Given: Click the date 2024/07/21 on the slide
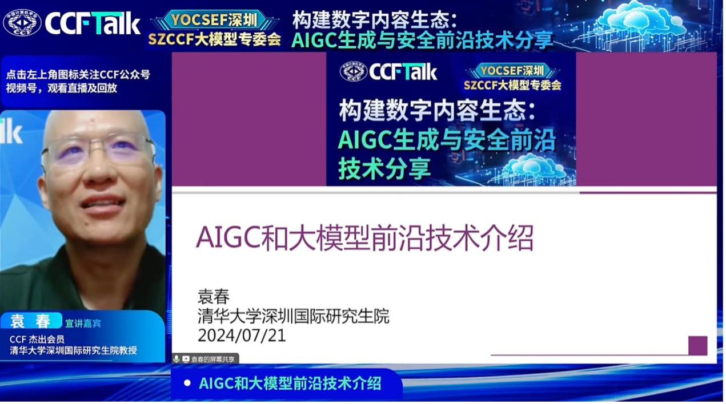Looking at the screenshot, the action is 242,336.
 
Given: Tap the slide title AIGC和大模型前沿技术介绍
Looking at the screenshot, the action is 365,239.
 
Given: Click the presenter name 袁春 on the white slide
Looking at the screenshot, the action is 214,296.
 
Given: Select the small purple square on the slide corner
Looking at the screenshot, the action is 698,346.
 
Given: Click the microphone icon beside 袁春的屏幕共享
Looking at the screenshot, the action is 177,359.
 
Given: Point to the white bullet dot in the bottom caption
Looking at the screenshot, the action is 187,383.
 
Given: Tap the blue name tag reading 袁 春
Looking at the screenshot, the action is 31,321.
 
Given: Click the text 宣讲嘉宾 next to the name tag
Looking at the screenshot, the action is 83,324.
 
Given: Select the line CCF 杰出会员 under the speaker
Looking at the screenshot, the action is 37,340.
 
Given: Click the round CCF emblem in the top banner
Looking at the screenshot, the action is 22,22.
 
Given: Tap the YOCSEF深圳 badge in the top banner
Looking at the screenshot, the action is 214,20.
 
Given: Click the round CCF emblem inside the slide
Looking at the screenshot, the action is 353,71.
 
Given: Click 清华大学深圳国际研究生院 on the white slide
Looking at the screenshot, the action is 294,316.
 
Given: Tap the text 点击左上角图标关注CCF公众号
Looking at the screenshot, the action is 78,75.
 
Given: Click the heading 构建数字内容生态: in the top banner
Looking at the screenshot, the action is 375,20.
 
